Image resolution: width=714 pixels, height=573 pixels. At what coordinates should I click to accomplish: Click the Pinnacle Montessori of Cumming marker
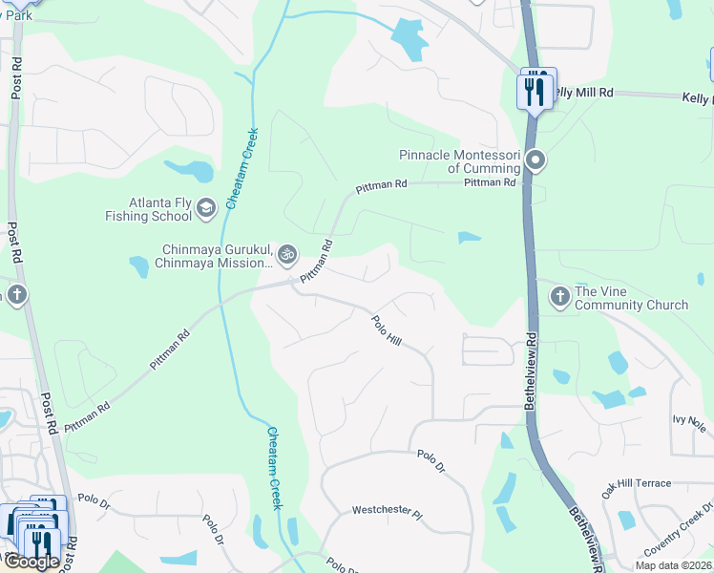(536, 160)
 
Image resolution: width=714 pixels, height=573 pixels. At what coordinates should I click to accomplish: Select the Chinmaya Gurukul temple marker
(286, 255)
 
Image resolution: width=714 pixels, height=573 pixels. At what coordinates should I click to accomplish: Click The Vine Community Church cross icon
(560, 297)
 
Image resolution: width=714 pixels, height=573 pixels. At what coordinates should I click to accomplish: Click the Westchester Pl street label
(387, 513)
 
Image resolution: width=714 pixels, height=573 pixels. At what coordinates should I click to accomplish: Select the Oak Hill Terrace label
(636, 484)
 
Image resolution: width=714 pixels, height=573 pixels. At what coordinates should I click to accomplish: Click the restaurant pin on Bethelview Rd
(534, 92)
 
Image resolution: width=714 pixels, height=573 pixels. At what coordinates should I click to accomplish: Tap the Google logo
(31, 562)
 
